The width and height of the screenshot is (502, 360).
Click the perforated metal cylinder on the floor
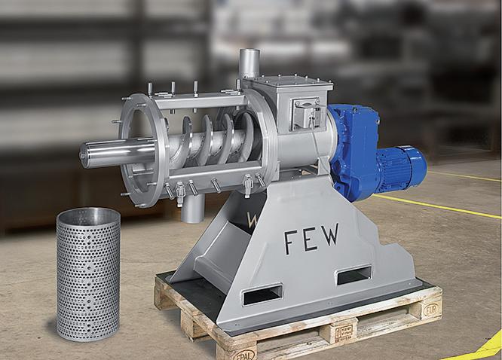click(88, 274)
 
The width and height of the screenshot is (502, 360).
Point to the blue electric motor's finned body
click(402, 169)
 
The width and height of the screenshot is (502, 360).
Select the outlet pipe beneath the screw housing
click(193, 209)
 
